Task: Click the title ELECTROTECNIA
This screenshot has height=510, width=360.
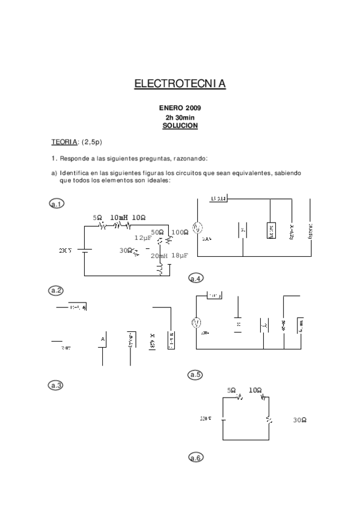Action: pos(180,84)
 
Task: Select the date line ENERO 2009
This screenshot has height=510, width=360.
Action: pos(180,108)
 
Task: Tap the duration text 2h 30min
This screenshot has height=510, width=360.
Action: pos(180,117)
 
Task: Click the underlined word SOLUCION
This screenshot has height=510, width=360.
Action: pos(180,126)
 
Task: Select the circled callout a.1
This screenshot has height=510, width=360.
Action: pos(56,204)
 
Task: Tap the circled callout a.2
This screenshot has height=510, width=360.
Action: pos(56,291)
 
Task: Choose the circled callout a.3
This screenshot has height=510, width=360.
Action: pos(56,385)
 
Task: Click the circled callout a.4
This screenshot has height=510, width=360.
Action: pos(195,278)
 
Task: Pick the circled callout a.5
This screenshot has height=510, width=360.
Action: pos(195,375)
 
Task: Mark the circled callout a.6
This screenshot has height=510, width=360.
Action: pos(195,458)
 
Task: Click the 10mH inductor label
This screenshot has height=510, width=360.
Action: pos(119,217)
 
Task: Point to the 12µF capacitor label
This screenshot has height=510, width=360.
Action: pos(143,238)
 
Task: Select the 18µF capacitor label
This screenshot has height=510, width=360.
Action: pos(180,256)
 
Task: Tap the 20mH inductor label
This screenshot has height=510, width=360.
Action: pos(159,256)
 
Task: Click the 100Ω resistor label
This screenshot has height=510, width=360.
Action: pos(180,232)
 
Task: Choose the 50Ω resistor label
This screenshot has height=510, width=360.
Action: pos(157,232)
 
